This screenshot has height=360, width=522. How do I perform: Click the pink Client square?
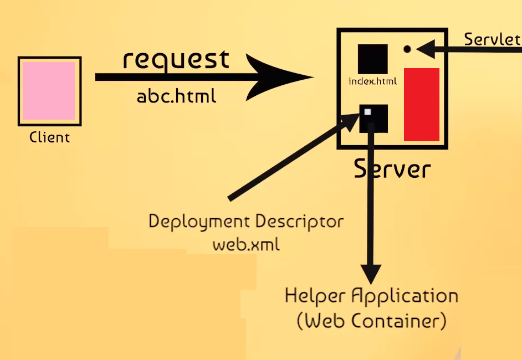click(50, 90)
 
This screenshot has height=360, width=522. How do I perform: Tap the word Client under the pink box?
click(50, 137)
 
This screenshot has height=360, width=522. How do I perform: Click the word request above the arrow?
click(176, 59)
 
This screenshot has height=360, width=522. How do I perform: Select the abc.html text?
click(176, 96)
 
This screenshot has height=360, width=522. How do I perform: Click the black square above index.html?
click(372, 59)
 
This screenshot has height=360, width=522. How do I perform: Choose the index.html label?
click(372, 81)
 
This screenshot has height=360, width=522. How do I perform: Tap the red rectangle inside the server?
click(421, 105)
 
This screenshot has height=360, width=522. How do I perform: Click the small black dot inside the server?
click(407, 49)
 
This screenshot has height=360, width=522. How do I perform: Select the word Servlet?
click(492, 39)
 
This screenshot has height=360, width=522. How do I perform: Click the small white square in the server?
click(367, 112)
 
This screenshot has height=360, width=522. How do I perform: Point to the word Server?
click(392, 168)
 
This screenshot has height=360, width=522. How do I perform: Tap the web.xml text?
click(246, 244)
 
